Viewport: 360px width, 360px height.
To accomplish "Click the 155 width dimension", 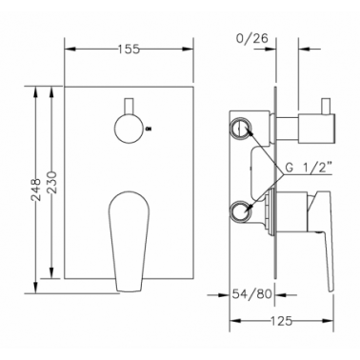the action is (x=129, y=50).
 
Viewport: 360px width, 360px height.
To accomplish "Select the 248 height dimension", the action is (x=37, y=190).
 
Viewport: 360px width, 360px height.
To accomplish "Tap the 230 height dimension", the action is (x=51, y=183).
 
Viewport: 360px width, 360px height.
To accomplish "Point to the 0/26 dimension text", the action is (x=252, y=38).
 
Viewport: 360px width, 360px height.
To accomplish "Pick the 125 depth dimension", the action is (x=282, y=321).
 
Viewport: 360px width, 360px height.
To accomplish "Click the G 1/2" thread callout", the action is (x=309, y=169).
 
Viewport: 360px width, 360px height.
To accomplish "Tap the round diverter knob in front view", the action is (x=129, y=129).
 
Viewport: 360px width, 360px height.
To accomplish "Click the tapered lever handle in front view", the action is (x=129, y=241).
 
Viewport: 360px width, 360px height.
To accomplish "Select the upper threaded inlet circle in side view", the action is (x=241, y=129).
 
